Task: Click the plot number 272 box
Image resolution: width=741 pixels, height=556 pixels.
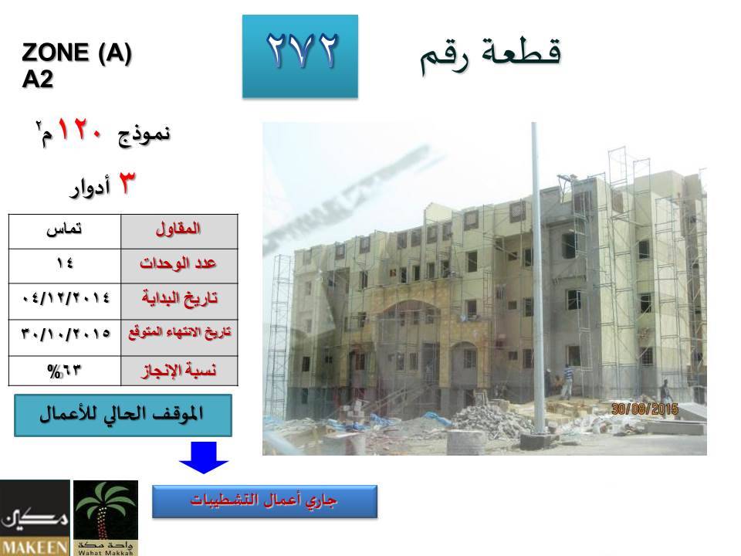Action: tap(300, 56)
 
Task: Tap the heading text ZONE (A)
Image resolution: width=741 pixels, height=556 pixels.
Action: tap(76, 53)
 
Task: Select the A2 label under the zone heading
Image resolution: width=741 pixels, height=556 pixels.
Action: tap(37, 80)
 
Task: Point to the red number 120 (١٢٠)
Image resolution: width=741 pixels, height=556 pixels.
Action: tap(80, 129)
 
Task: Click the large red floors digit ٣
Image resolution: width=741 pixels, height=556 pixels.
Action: tap(126, 183)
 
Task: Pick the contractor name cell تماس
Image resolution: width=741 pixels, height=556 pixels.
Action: tap(64, 230)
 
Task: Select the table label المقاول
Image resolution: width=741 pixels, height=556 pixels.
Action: tap(178, 229)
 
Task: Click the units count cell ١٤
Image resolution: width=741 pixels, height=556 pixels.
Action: tap(64, 263)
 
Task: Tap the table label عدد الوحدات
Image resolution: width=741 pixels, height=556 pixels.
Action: tap(178, 263)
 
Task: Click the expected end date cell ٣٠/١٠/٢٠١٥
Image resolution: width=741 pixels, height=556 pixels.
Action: tap(66, 334)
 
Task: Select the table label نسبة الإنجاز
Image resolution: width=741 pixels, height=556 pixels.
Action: tap(179, 370)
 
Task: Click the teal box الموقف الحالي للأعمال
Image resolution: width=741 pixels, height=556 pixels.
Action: tap(123, 415)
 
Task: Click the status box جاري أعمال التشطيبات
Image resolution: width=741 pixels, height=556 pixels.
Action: tap(265, 501)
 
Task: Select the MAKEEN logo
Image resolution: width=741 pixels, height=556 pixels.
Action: tap(35, 517)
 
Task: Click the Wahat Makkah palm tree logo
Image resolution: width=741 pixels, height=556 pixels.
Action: tap(106, 517)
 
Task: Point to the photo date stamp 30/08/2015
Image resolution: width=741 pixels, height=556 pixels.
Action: tap(645, 409)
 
